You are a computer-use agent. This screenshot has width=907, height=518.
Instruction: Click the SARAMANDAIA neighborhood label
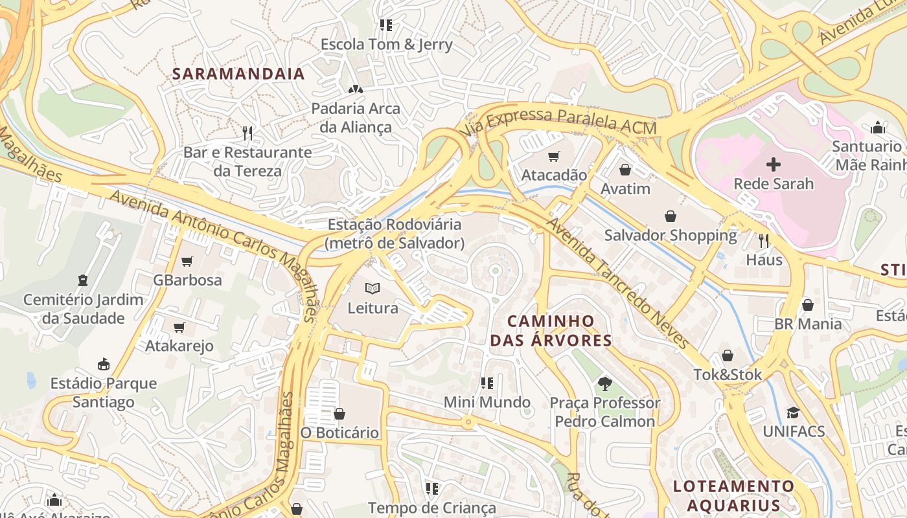[238, 74]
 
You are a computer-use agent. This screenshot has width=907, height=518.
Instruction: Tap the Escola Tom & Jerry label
[387, 45]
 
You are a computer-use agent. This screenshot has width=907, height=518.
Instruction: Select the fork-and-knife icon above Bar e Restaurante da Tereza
[247, 133]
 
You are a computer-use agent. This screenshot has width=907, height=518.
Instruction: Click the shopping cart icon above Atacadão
[553, 156]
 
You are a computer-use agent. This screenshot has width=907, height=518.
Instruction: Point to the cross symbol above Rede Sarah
[773, 164]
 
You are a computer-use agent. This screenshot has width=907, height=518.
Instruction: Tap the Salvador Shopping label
[671, 235]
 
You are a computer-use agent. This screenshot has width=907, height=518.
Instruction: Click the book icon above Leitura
[373, 288]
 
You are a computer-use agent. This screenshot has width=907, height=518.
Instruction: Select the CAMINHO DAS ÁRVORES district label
[551, 330]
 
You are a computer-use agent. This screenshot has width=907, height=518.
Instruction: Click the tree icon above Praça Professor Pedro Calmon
[604, 383]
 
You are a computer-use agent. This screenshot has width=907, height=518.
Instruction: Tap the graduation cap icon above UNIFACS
[793, 412]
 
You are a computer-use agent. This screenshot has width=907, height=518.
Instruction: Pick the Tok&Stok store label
[728, 374]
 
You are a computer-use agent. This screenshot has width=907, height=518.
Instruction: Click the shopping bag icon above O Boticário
[339, 413]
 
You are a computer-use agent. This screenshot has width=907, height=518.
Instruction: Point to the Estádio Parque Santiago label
[104, 392]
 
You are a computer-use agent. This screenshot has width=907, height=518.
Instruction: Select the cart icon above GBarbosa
[187, 261]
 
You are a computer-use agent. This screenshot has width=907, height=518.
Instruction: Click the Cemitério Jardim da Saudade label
[83, 309]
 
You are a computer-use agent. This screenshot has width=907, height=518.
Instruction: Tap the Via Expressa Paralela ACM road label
[560, 121]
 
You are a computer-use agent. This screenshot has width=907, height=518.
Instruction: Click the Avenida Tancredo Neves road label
[617, 283]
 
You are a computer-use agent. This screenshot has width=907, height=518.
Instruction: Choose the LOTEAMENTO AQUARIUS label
[733, 495]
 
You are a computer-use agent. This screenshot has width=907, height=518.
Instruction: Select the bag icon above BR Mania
[807, 304]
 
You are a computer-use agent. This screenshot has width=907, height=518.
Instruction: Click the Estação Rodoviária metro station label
[395, 234]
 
